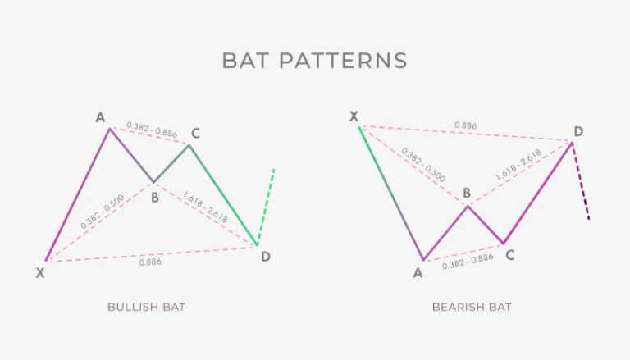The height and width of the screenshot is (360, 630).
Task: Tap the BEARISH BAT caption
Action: [x=472, y=307]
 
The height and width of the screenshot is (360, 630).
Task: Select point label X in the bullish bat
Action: [x=40, y=273]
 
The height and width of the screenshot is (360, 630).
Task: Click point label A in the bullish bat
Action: [x=100, y=117]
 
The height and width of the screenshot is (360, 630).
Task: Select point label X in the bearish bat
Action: [x=354, y=116]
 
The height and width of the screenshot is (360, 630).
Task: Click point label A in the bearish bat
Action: [x=418, y=272]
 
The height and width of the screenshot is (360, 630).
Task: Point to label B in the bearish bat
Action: [x=466, y=194]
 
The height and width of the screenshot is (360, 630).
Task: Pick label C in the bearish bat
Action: [x=509, y=255]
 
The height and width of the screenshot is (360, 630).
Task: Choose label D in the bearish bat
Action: [x=578, y=131]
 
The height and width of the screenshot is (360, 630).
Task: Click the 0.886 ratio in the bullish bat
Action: [x=150, y=262]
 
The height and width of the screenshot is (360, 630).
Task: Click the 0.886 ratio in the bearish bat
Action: [x=467, y=125]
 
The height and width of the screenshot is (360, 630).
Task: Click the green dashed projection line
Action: [x=266, y=205]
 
